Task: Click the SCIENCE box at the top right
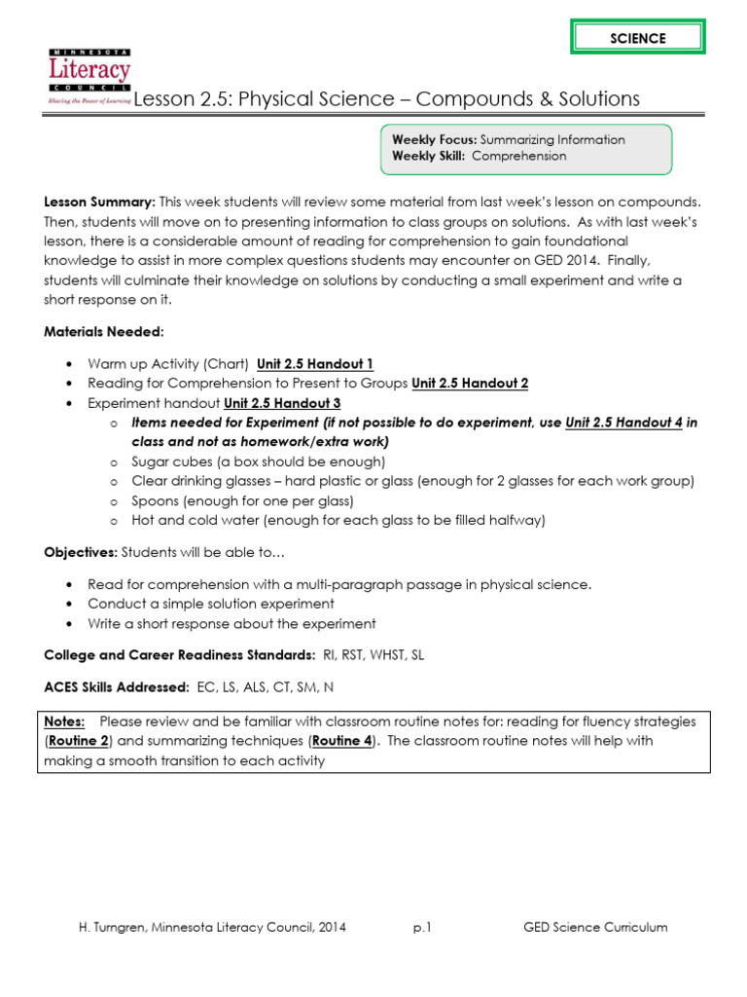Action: [638, 38]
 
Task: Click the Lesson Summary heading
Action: [100, 202]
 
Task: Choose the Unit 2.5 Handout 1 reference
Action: [315, 364]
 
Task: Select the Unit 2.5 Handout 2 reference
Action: [470, 384]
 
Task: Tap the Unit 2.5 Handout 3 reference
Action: [282, 403]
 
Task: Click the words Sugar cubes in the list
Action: [165, 462]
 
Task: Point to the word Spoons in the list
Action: [154, 500]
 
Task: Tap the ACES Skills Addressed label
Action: [117, 687]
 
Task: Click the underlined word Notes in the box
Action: [65, 721]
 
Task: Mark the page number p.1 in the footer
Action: [421, 927]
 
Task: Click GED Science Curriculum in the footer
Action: [595, 927]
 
